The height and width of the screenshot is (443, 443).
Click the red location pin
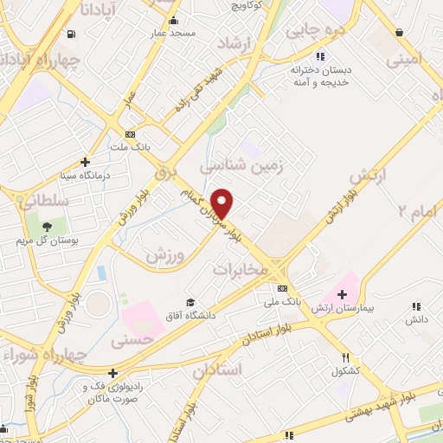(x=223, y=202)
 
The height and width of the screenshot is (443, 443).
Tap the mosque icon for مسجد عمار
(x=173, y=21)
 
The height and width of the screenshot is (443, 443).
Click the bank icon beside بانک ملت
(x=130, y=134)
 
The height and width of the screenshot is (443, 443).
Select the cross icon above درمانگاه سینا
(x=85, y=161)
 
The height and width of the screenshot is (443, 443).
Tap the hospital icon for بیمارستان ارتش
(x=343, y=295)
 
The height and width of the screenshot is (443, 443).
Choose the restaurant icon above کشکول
(x=346, y=357)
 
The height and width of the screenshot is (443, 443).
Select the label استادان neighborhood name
(x=218, y=370)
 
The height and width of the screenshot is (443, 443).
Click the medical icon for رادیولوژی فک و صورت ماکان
(x=112, y=373)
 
